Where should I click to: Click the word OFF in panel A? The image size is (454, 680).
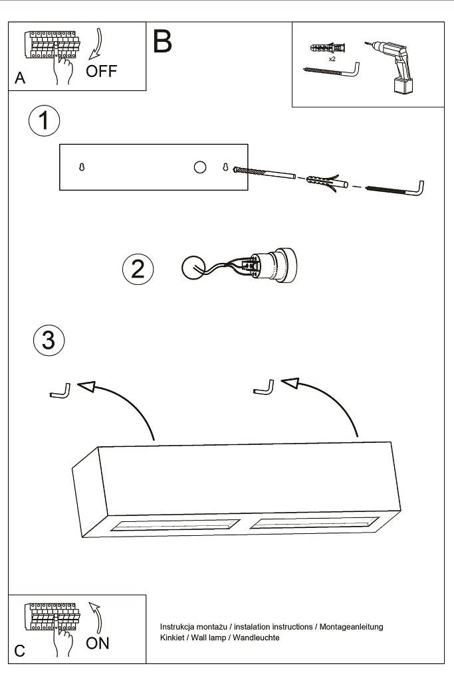coord(101,72)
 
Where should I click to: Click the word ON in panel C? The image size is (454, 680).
coord(98,643)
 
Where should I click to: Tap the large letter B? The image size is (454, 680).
coord(162,41)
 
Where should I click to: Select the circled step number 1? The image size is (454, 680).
coord(44,122)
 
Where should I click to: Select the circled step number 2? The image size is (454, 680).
coord(138,268)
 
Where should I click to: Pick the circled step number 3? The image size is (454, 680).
coord(49,340)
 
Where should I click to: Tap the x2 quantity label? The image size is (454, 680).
coord(332,59)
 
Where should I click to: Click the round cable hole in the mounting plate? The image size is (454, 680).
coord(200,167)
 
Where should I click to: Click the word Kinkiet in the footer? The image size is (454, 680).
coord(173,637)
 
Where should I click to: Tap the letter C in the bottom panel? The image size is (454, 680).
coord(20,651)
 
